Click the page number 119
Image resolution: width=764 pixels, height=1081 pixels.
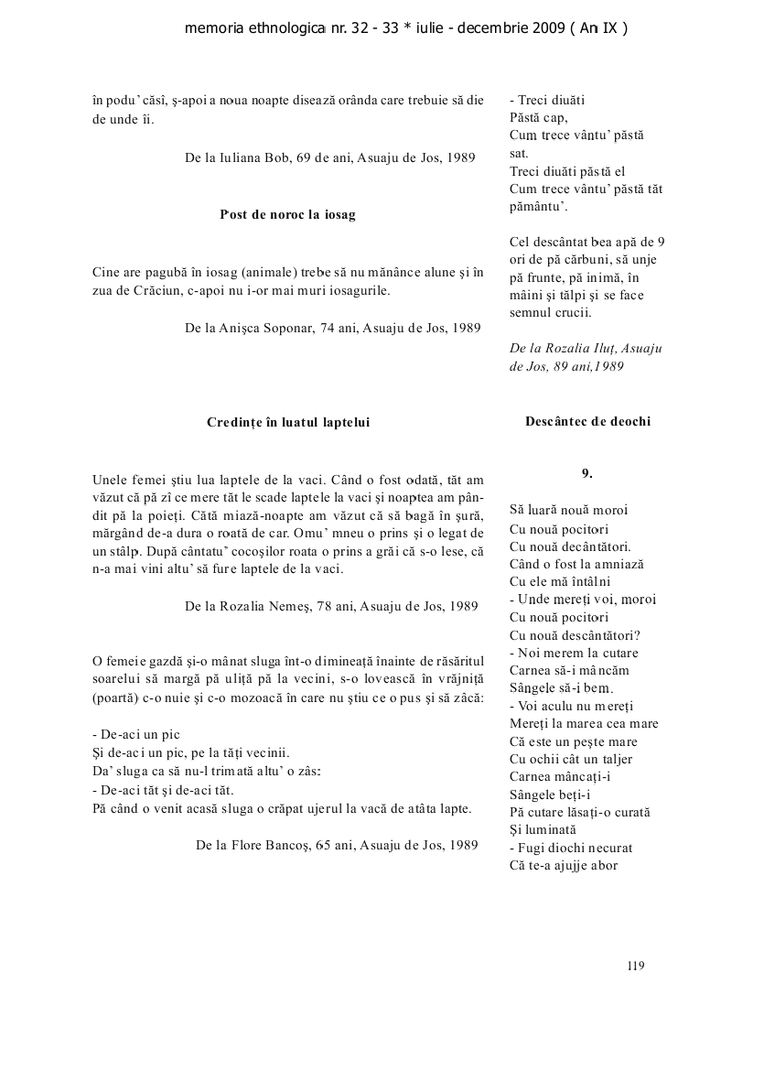tap(637, 965)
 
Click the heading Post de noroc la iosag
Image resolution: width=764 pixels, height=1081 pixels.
tap(287, 215)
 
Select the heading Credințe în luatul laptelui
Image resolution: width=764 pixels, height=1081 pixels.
tap(288, 422)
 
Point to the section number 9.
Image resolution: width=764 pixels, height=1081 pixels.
tap(587, 473)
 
